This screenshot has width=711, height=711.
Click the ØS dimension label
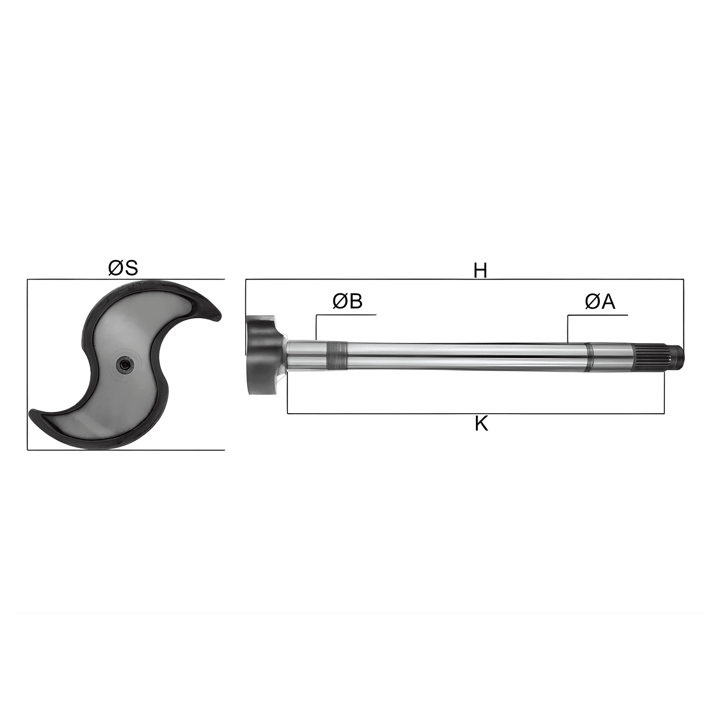(x=123, y=268)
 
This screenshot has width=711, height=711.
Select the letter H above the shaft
(x=480, y=270)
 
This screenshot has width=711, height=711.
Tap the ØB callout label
(x=348, y=301)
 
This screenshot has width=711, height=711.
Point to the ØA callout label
(x=600, y=302)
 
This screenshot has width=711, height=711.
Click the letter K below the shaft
(x=481, y=424)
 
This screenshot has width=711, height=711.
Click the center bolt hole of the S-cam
(x=124, y=364)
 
